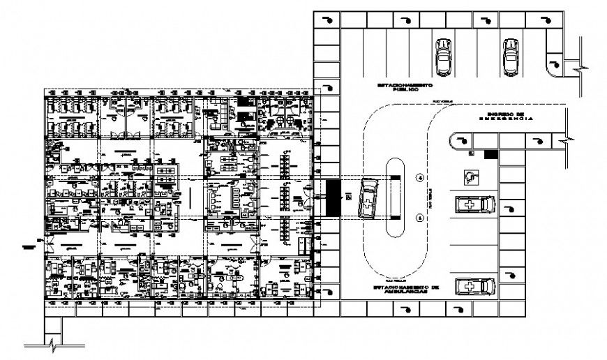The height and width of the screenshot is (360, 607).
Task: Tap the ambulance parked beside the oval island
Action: (x=367, y=198)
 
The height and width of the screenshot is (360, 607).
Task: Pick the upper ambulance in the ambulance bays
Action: (x=475, y=205)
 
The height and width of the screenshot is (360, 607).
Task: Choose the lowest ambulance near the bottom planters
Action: (x=475, y=287)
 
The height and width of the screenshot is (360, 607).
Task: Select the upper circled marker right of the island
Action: (x=420, y=178)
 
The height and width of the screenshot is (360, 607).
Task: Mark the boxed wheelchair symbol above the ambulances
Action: (x=472, y=178)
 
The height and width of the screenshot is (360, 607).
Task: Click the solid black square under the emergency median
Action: (x=490, y=155)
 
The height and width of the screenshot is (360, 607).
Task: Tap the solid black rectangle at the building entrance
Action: (x=334, y=198)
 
